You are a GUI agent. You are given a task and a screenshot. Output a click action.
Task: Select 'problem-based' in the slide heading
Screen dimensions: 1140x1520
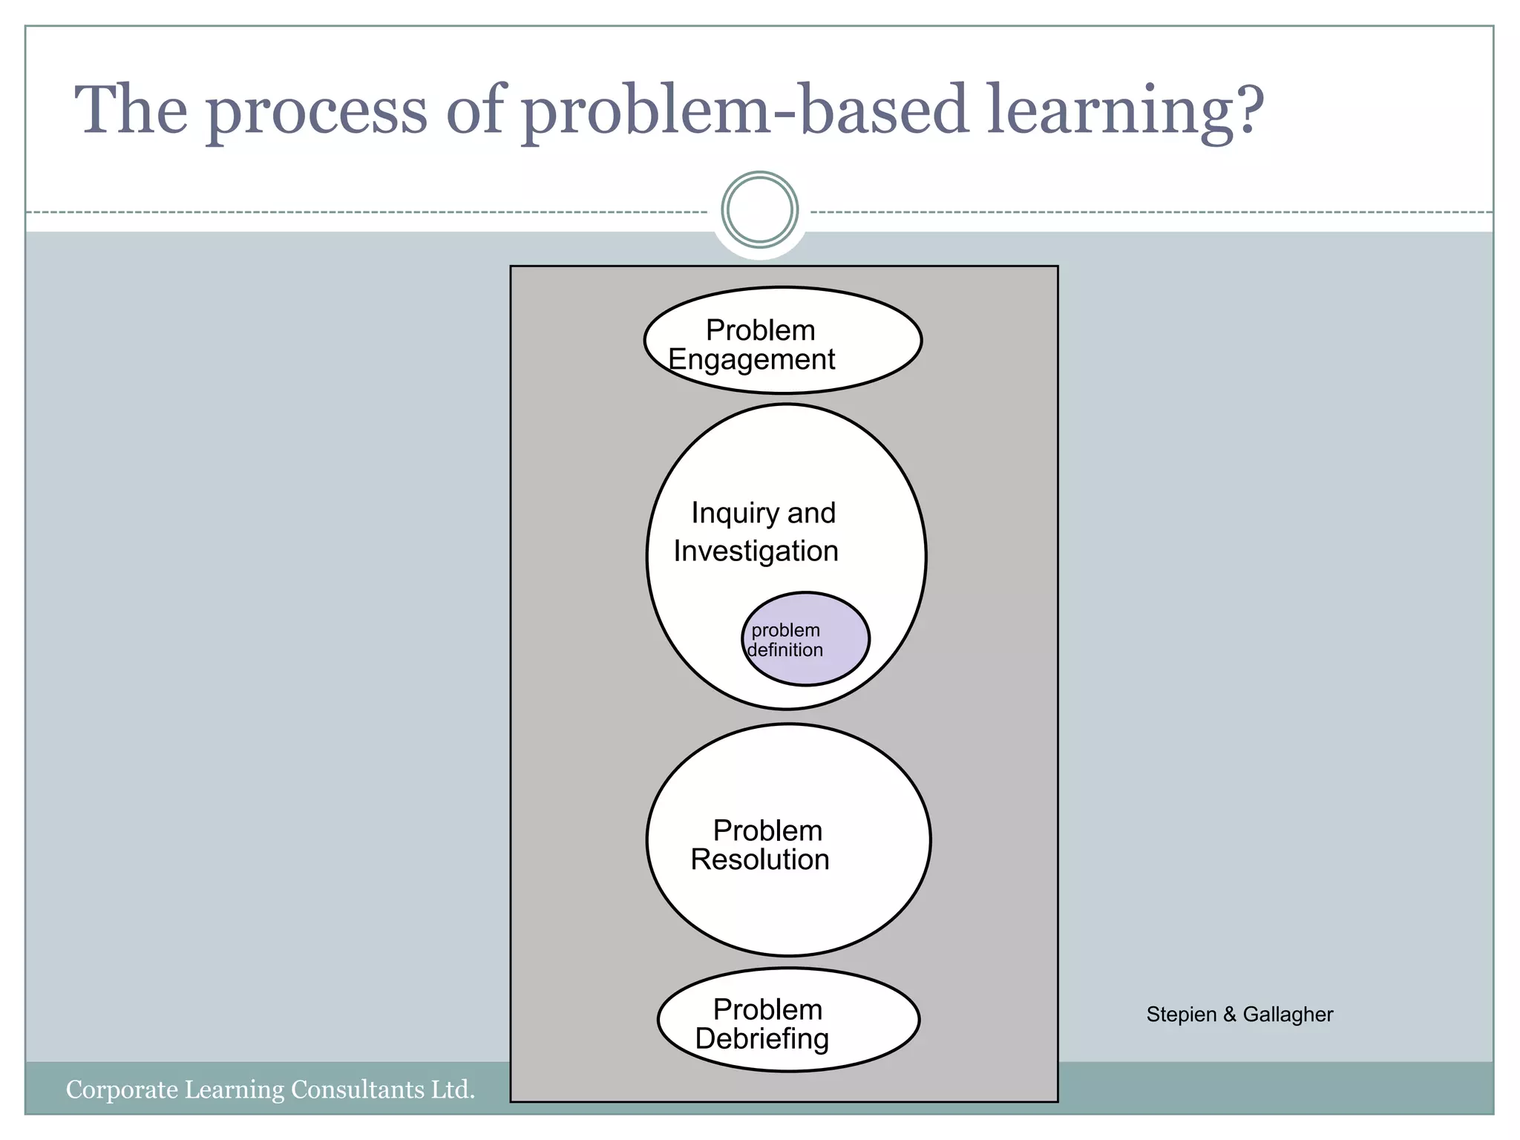click(744, 111)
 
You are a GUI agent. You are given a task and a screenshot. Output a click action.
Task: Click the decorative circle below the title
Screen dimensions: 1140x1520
click(759, 210)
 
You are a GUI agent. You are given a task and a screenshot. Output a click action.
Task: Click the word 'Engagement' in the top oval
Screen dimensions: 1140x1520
click(751, 360)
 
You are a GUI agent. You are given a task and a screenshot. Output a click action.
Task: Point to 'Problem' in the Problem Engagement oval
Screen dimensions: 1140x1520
click(760, 330)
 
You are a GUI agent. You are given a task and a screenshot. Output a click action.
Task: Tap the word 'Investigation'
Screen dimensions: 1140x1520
click(756, 551)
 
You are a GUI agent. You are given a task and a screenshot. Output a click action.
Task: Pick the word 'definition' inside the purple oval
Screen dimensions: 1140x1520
click(785, 650)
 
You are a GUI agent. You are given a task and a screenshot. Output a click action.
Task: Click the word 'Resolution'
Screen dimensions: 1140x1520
click(759, 860)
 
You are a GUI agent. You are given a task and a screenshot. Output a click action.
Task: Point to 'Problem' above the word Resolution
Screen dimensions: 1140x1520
click(767, 831)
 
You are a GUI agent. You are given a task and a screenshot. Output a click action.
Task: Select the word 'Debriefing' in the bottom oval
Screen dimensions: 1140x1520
click(761, 1039)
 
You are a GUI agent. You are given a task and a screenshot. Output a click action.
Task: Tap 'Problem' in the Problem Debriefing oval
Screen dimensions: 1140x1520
click(767, 1010)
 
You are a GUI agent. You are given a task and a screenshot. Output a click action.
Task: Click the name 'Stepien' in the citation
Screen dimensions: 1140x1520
click(1181, 1015)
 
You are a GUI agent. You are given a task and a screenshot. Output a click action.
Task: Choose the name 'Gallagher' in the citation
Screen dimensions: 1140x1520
click(1288, 1015)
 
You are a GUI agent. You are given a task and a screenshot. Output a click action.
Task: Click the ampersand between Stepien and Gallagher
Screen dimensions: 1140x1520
click(1229, 1015)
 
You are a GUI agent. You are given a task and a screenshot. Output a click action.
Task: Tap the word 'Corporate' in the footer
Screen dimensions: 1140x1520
click(122, 1090)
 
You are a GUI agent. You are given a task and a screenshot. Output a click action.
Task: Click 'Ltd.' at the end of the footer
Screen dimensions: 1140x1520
click(453, 1090)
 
